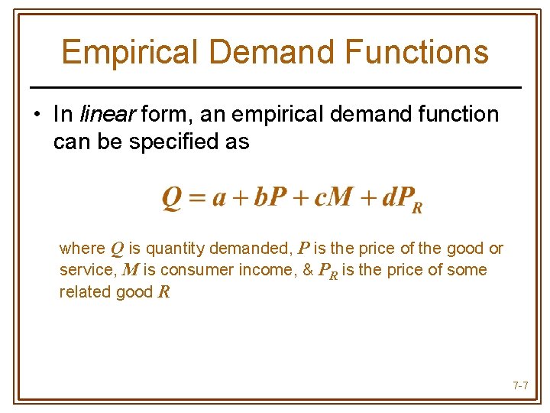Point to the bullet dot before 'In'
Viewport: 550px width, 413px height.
click(36, 115)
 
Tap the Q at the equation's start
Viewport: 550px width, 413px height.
click(170, 198)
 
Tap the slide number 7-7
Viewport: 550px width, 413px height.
click(520, 385)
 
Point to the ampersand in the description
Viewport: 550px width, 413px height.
click(309, 271)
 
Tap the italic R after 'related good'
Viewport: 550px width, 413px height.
click(163, 292)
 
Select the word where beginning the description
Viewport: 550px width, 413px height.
click(82, 249)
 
